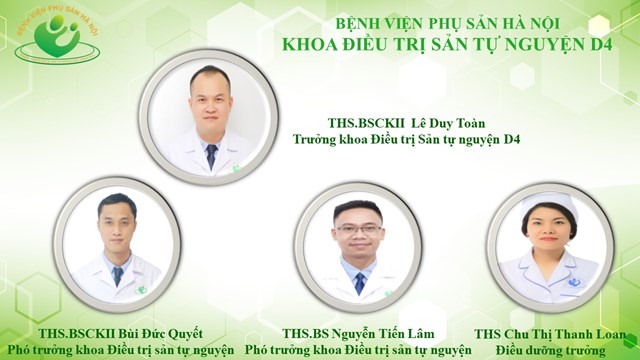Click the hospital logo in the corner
pos(57,36)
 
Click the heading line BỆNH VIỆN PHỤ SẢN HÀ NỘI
pos(447,23)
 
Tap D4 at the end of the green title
pos(601,44)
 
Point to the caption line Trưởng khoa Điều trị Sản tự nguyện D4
pos(407,140)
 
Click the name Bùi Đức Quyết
pos(160,333)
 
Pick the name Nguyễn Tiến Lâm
pos(382,333)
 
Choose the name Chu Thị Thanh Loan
pos(564,334)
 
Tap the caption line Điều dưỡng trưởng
pos(551,350)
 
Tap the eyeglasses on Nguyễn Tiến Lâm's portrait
pos(359,229)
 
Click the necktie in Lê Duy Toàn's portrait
pos(211,156)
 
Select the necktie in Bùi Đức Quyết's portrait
pos(118,276)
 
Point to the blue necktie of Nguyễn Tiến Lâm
pos(360,284)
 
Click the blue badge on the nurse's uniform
pos(575,282)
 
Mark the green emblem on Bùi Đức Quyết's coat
pos(141,290)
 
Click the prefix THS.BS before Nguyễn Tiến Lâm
pos(305,333)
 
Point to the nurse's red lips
pos(548,239)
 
